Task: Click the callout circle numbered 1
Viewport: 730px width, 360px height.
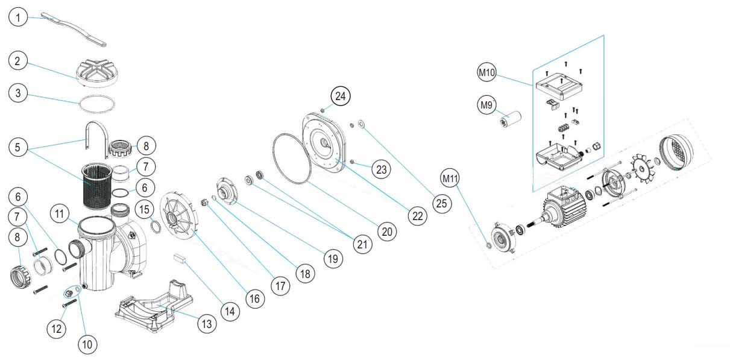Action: click(x=18, y=18)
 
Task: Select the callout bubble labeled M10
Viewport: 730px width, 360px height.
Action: click(x=488, y=74)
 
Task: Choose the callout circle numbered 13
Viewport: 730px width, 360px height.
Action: click(x=207, y=323)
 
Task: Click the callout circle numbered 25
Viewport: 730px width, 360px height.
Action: click(x=442, y=203)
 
